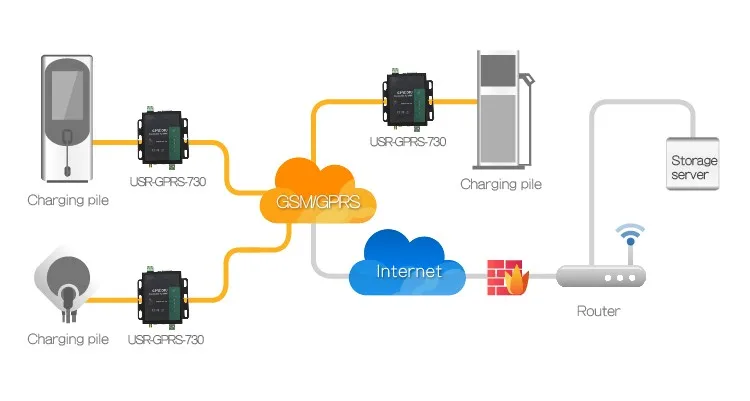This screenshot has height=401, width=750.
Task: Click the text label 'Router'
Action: click(x=598, y=311)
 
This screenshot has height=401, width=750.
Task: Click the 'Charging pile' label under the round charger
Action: click(x=67, y=339)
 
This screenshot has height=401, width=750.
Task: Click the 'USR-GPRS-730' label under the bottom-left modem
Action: click(x=166, y=339)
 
